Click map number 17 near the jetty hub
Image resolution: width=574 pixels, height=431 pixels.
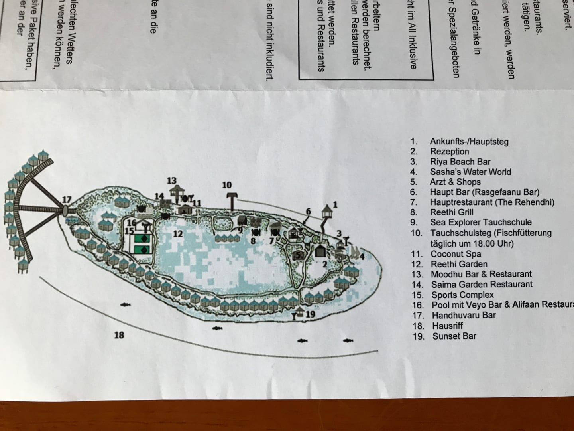tap(67, 200)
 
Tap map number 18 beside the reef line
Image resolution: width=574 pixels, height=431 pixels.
tap(119, 335)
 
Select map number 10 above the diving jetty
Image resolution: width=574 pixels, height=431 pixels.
tap(227, 185)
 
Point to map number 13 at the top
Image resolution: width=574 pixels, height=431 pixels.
tap(171, 181)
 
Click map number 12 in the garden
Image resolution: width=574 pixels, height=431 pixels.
tap(178, 234)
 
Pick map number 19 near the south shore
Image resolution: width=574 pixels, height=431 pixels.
tap(311, 314)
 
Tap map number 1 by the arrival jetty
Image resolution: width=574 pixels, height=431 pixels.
tap(335, 205)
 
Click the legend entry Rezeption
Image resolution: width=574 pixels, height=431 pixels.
tap(449, 152)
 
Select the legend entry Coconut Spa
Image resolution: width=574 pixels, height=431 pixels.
tap(456, 254)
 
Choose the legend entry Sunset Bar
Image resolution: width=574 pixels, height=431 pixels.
tap(454, 336)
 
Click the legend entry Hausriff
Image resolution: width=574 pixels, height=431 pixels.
tap(448, 326)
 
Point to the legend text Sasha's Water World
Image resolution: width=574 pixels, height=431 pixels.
tap(470, 172)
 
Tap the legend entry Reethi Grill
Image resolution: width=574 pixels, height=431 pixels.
tap(452, 212)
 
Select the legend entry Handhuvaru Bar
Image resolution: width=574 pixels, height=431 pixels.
tap(464, 315)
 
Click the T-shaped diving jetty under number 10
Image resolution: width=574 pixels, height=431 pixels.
tap(231, 202)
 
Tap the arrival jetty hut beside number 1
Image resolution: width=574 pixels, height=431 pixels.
tap(326, 211)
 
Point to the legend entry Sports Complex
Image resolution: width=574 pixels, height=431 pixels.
tap(462, 295)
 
